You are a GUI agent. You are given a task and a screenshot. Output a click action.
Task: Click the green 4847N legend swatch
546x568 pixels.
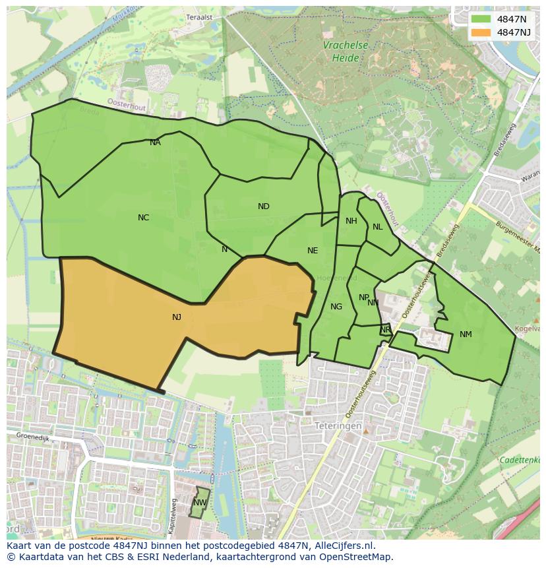481,19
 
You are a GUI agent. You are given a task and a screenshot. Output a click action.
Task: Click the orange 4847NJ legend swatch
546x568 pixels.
481,32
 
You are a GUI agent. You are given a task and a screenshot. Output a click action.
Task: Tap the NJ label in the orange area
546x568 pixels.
177,317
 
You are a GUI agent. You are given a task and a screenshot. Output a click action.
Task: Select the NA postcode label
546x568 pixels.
155,142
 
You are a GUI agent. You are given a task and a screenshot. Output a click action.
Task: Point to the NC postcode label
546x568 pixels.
143,218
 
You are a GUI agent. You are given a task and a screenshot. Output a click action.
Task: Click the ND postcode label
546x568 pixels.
264,206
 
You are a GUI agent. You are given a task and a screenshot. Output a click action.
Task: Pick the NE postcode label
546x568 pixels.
313,251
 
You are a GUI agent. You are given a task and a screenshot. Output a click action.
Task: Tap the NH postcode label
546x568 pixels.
351,221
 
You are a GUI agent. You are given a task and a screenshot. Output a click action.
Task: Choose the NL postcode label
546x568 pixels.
377,227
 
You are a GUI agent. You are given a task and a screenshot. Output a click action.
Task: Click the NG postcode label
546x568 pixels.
336,307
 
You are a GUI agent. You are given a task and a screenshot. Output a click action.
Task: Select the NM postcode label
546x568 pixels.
466,334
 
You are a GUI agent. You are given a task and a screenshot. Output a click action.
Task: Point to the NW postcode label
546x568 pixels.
199,503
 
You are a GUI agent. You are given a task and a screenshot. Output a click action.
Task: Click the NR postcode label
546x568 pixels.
385,330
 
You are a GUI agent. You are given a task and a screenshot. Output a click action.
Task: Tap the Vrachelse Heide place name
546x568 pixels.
346,51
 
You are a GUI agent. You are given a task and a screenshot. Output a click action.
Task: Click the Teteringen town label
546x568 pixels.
338,426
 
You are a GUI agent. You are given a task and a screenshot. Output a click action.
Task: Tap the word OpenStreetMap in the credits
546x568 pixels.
357,556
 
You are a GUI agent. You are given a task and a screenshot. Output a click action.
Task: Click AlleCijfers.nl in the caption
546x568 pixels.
342,546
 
